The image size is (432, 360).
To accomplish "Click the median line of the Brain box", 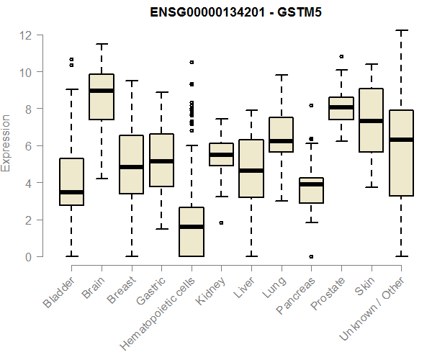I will coord(101,91).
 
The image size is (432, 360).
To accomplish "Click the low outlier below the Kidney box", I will coord(221,222).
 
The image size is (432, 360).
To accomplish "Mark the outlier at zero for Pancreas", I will coord(311,256).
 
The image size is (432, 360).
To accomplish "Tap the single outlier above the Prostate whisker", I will coord(341,56).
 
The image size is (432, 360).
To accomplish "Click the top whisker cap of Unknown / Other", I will coord(402,30).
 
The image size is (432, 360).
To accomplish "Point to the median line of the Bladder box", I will coord(71,192).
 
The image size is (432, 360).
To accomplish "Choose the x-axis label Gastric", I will coord(152,290).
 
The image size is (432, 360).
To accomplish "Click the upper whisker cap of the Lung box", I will coord(282,75).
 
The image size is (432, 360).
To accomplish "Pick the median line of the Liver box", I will coord(251,171).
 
